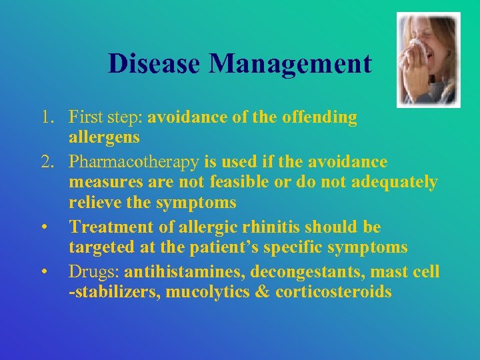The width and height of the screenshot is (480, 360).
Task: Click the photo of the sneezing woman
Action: (428, 60)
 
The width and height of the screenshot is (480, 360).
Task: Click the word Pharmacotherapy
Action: (134, 162)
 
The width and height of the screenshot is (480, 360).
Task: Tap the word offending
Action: (319, 118)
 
